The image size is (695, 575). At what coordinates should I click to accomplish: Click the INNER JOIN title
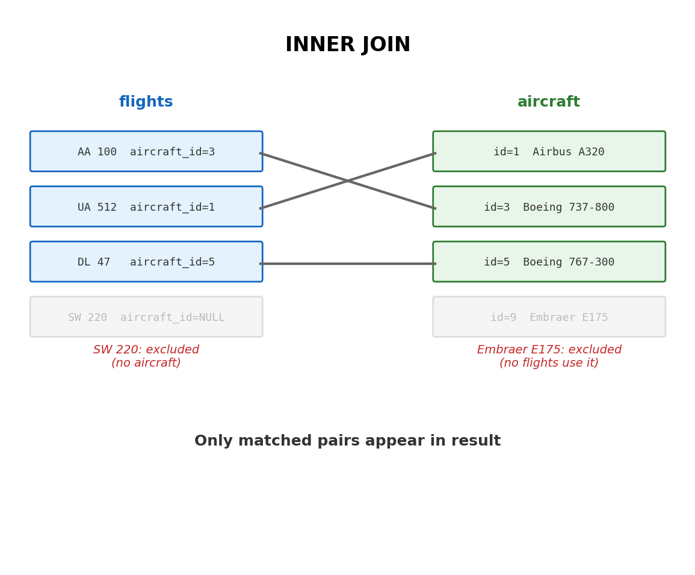click(x=348, y=45)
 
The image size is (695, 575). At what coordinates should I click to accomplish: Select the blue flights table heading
click(x=146, y=102)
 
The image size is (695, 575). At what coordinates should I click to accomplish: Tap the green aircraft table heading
click(x=549, y=102)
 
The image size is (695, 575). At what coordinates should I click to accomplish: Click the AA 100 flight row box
click(x=146, y=152)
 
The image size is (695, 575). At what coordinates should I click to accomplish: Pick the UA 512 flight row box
click(x=146, y=207)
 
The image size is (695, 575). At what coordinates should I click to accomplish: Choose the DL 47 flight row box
click(x=146, y=262)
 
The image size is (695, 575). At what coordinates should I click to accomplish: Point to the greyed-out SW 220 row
click(x=146, y=317)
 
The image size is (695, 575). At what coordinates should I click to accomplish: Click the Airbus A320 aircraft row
click(x=549, y=152)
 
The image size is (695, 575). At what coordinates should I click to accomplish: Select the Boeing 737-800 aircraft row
click(x=549, y=207)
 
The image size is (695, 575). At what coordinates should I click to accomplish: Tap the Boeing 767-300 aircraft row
click(x=549, y=262)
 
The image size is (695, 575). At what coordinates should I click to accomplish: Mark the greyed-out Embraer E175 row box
click(x=549, y=317)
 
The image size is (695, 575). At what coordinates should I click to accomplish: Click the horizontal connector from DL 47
click(x=348, y=264)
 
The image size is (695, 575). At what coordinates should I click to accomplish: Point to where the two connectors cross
click(x=348, y=181)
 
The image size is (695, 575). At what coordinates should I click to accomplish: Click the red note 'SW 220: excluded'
click(x=146, y=350)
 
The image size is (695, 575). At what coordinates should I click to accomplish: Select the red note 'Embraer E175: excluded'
click(x=549, y=350)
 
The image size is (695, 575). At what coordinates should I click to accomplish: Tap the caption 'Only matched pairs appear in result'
click(x=348, y=441)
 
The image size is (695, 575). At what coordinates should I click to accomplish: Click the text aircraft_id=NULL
click(x=172, y=317)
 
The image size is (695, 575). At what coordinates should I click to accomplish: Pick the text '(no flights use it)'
click(x=549, y=363)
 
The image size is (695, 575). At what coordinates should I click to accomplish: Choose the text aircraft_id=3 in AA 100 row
click(x=172, y=152)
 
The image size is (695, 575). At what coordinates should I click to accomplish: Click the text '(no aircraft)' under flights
click(x=146, y=363)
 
